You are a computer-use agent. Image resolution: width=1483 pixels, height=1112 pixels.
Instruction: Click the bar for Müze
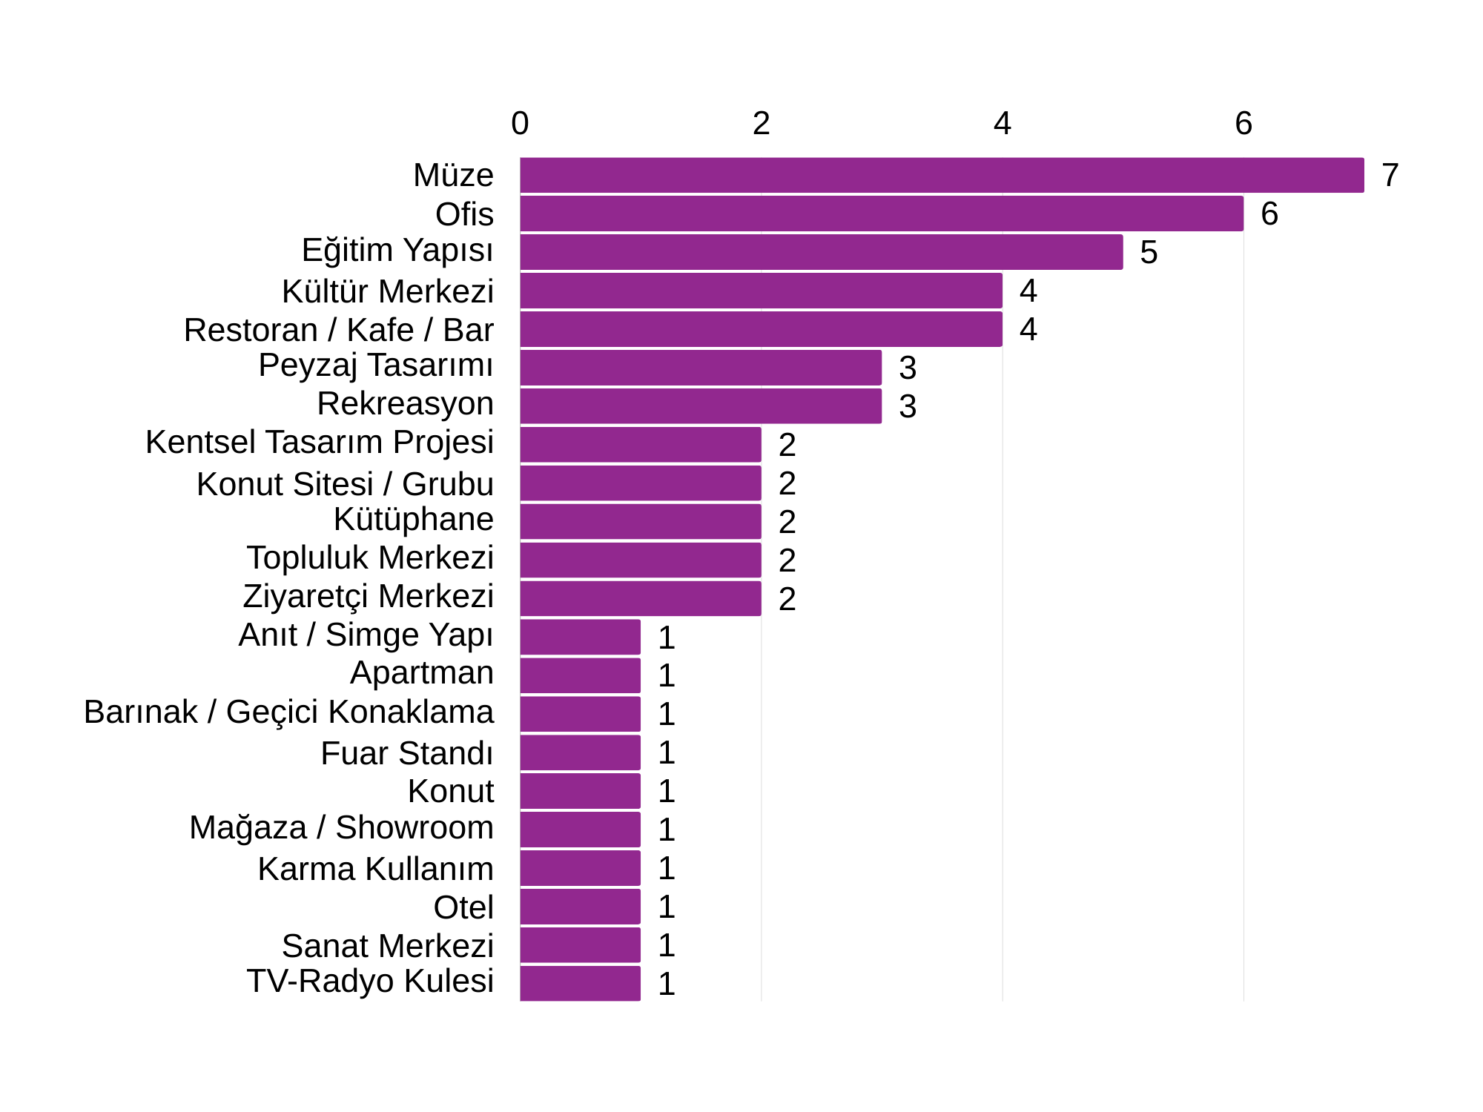click(x=942, y=175)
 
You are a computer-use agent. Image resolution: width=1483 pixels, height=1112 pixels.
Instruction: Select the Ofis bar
click(x=882, y=214)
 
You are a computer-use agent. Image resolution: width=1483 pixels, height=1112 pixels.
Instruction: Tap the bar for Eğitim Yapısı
click(x=821, y=252)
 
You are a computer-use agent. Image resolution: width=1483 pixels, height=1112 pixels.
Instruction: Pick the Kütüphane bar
click(x=641, y=521)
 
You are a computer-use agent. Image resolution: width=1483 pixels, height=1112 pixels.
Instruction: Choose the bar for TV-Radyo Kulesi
click(x=580, y=983)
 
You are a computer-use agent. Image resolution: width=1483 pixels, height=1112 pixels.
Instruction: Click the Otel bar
click(x=580, y=906)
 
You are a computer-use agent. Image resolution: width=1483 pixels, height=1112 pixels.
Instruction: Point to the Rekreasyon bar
click(x=701, y=406)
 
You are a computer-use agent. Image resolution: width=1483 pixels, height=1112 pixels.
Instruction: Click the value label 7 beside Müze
click(x=1390, y=176)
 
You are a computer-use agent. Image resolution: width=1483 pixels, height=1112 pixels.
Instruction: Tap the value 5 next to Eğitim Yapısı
click(x=1149, y=253)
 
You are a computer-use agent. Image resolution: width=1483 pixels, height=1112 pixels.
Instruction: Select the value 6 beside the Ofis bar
click(x=1269, y=214)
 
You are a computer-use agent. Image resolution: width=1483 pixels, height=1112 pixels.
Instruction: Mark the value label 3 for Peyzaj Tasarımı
click(x=908, y=368)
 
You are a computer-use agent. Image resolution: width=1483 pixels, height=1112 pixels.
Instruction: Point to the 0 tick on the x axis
click(x=520, y=124)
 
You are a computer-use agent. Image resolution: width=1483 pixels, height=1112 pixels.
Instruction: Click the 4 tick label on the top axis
click(x=1003, y=124)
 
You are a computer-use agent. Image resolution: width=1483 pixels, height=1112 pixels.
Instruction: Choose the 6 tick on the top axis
click(x=1243, y=124)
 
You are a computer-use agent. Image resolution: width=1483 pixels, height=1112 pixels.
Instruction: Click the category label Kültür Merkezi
click(x=387, y=291)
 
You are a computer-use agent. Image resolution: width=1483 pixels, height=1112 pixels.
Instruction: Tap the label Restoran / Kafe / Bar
click(x=338, y=330)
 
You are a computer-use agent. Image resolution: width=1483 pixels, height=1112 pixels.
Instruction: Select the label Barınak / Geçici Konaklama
click(x=288, y=712)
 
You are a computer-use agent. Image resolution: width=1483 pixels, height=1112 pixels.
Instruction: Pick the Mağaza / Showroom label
click(x=341, y=827)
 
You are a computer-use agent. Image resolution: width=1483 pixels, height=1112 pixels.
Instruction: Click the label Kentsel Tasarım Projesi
click(x=320, y=442)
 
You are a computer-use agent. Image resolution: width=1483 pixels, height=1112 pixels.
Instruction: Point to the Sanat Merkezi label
click(x=387, y=946)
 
